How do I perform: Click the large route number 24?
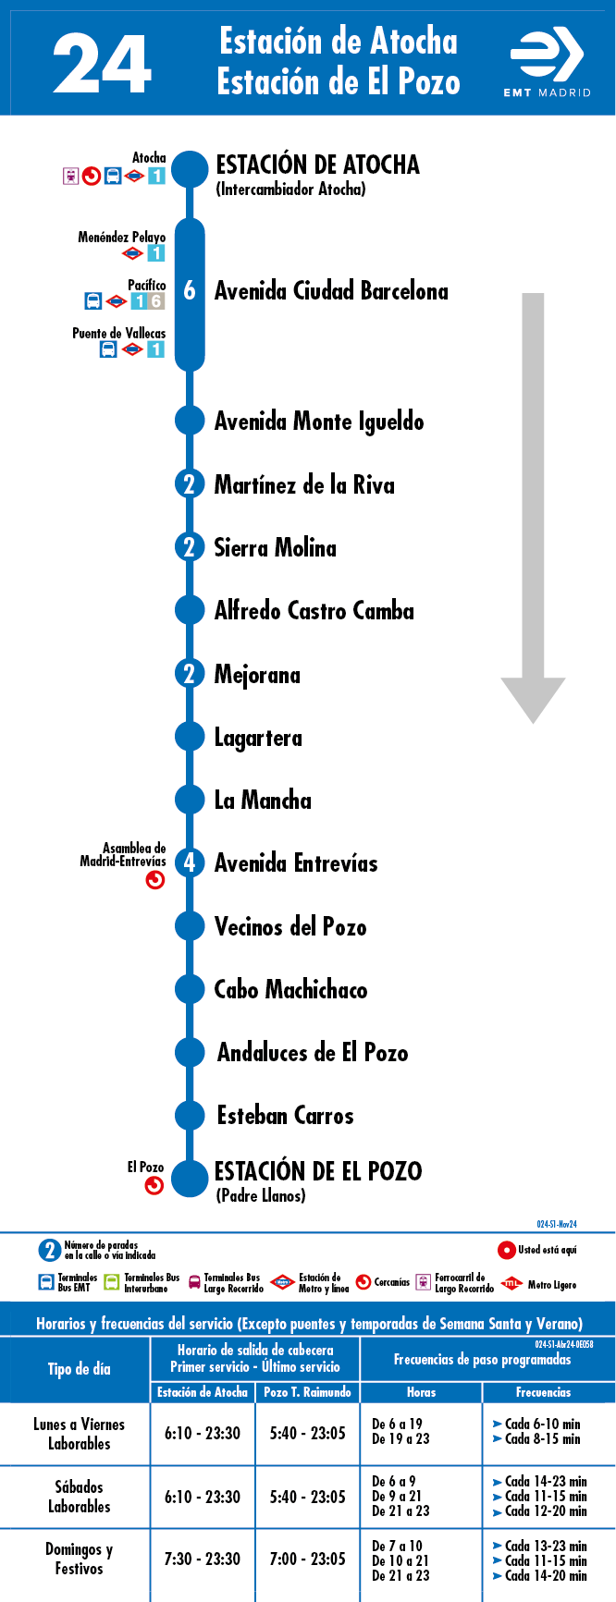tap(102, 64)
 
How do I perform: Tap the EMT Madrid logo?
tap(547, 63)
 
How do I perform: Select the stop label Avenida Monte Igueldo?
tap(319, 422)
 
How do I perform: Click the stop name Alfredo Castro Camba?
tap(314, 610)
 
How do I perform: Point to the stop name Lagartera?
tap(258, 738)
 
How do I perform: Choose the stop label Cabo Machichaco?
tap(290, 989)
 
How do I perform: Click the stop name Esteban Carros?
tap(285, 1115)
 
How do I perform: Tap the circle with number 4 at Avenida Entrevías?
tap(190, 862)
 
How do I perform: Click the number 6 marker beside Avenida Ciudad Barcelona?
tap(190, 290)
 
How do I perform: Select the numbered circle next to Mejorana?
tap(190, 673)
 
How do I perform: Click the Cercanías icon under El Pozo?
tap(154, 1185)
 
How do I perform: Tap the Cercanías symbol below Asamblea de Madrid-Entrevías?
tap(155, 880)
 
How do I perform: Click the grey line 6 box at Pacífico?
tap(156, 301)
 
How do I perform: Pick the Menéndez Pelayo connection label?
tap(122, 237)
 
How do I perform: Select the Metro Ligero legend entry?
tap(538, 1284)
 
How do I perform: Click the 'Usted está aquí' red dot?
tap(506, 1250)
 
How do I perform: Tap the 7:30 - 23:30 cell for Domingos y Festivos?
tap(203, 1559)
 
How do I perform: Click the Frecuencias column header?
tap(544, 1392)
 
